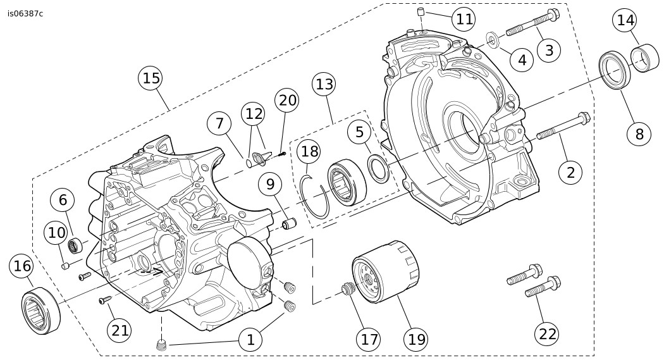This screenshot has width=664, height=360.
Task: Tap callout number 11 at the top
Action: tap(464, 18)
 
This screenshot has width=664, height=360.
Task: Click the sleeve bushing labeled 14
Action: tap(647, 59)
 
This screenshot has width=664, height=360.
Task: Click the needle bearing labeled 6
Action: tap(77, 243)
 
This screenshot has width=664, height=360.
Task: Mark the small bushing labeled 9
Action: tap(290, 224)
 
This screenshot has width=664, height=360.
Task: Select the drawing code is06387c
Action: tap(25, 12)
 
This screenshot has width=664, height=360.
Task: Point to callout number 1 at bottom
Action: tap(250, 340)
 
